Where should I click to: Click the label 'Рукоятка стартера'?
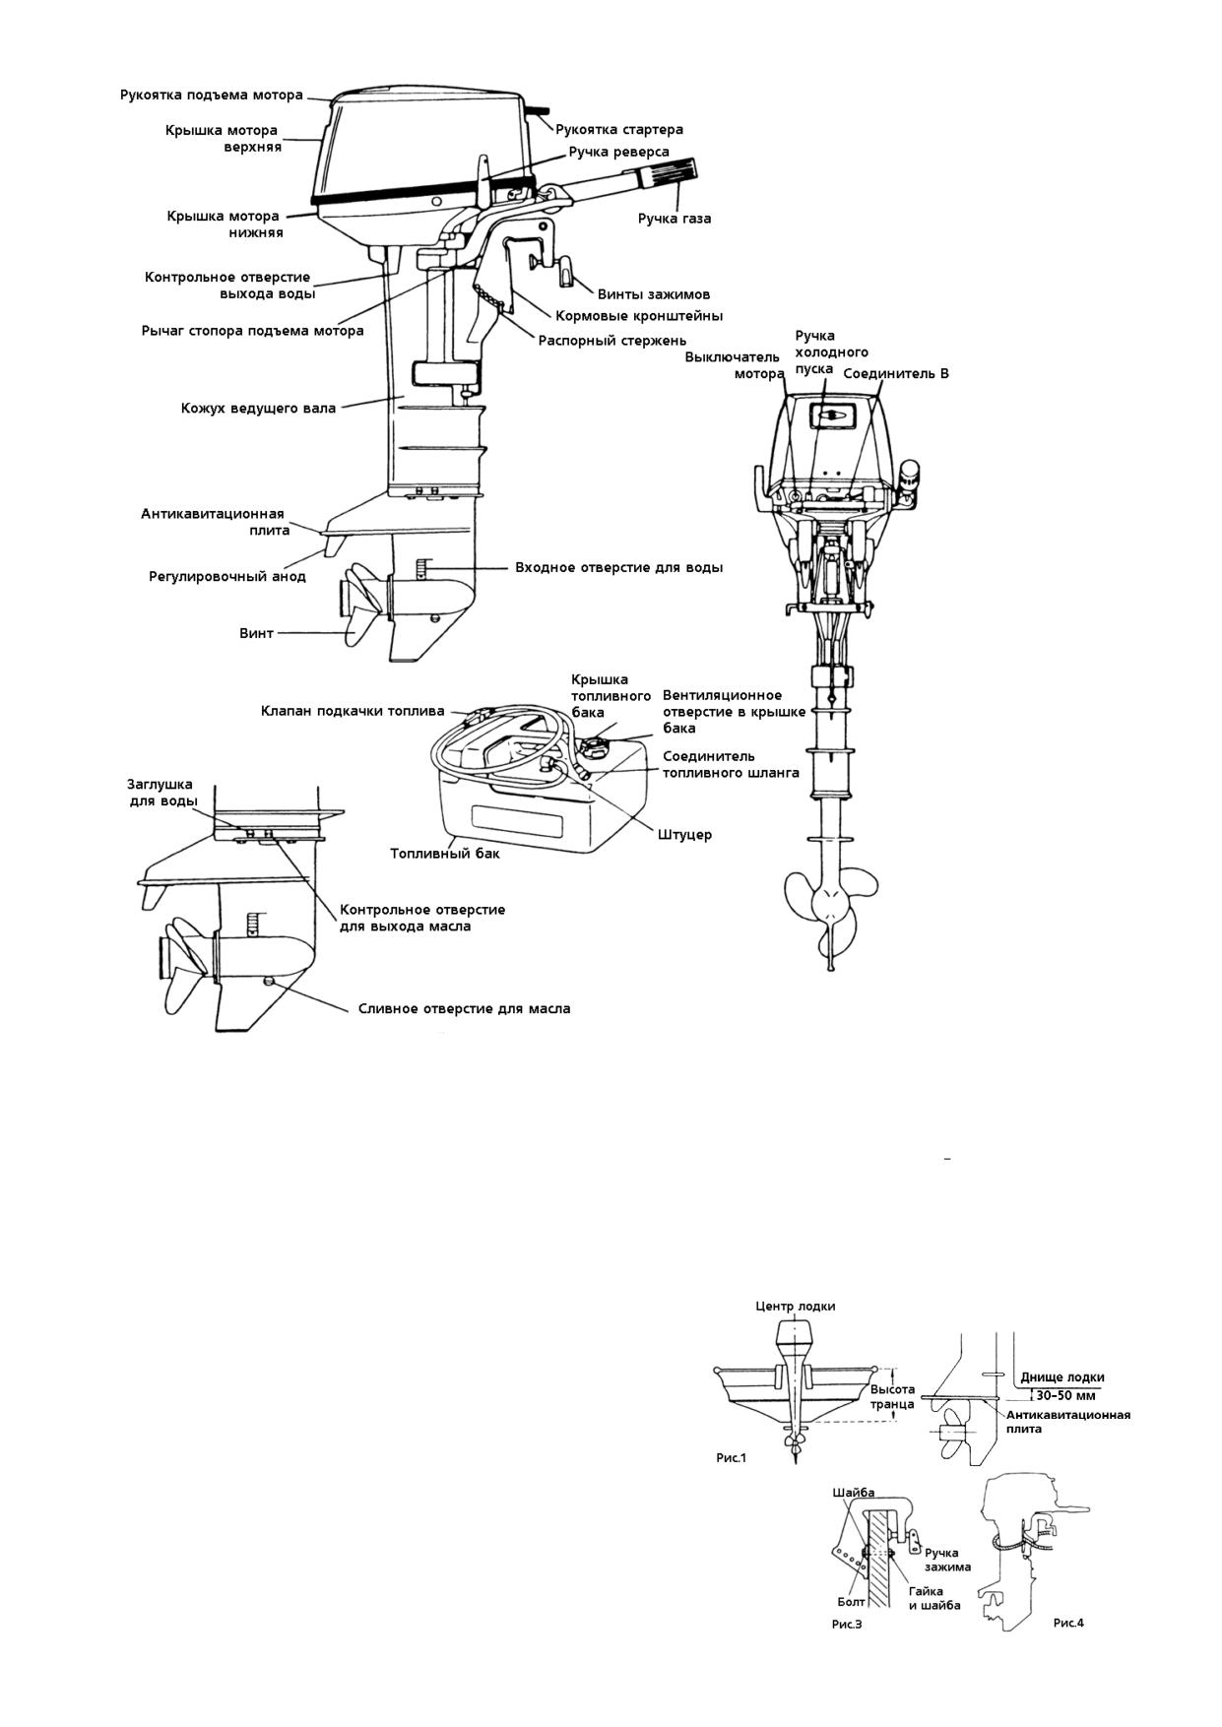tap(619, 129)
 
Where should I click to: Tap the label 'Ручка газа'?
tap(675, 218)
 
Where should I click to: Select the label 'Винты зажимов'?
tap(654, 293)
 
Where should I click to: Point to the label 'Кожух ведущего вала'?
tap(258, 408)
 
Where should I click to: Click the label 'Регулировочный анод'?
tap(227, 576)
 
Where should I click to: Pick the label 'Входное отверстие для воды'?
tap(619, 567)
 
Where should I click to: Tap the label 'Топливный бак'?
tap(445, 853)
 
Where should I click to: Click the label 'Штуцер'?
tap(684, 834)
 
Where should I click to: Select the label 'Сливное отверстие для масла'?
tap(464, 1008)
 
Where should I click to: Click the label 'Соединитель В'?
tap(896, 374)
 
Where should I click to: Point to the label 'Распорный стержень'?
tap(612, 341)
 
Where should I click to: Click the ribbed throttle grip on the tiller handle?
tap(668, 175)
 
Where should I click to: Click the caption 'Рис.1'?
tap(731, 1457)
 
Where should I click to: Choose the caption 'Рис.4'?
tap(1068, 1623)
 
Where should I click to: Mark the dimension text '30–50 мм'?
tap(1065, 1395)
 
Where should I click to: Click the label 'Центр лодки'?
tap(796, 1306)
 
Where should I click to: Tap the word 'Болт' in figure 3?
tap(851, 1602)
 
